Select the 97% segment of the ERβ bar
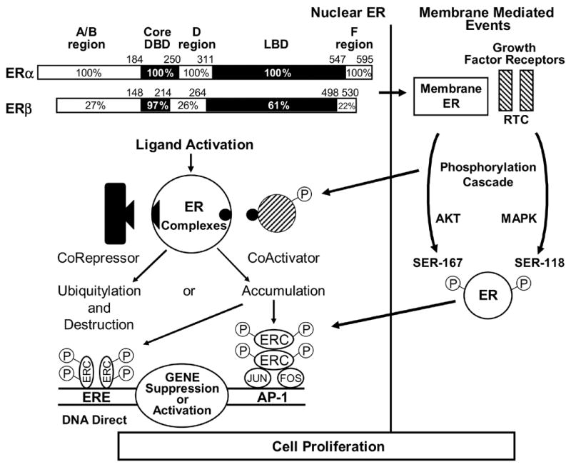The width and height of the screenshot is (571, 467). pos(155,106)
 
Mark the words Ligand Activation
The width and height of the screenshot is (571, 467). pos(195,146)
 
